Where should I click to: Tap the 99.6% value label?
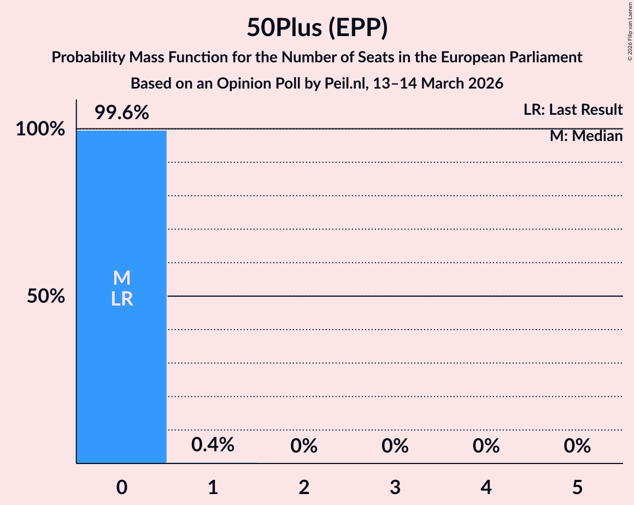[121, 113]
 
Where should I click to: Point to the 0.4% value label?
[213, 444]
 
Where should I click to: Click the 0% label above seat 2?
[304, 446]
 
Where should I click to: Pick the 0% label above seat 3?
[395, 446]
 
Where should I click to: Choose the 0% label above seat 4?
[486, 446]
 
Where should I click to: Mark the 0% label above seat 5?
[577, 446]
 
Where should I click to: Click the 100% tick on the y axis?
[40, 130]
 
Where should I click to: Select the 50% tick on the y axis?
[46, 297]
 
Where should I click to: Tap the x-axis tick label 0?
[121, 486]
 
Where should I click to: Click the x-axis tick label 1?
[213, 486]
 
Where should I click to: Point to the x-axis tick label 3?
[395, 486]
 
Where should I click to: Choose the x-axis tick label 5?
[577, 486]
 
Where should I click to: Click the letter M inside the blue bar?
[121, 278]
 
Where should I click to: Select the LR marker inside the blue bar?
[121, 299]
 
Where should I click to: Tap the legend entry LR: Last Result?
[573, 110]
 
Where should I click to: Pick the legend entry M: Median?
[586, 136]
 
